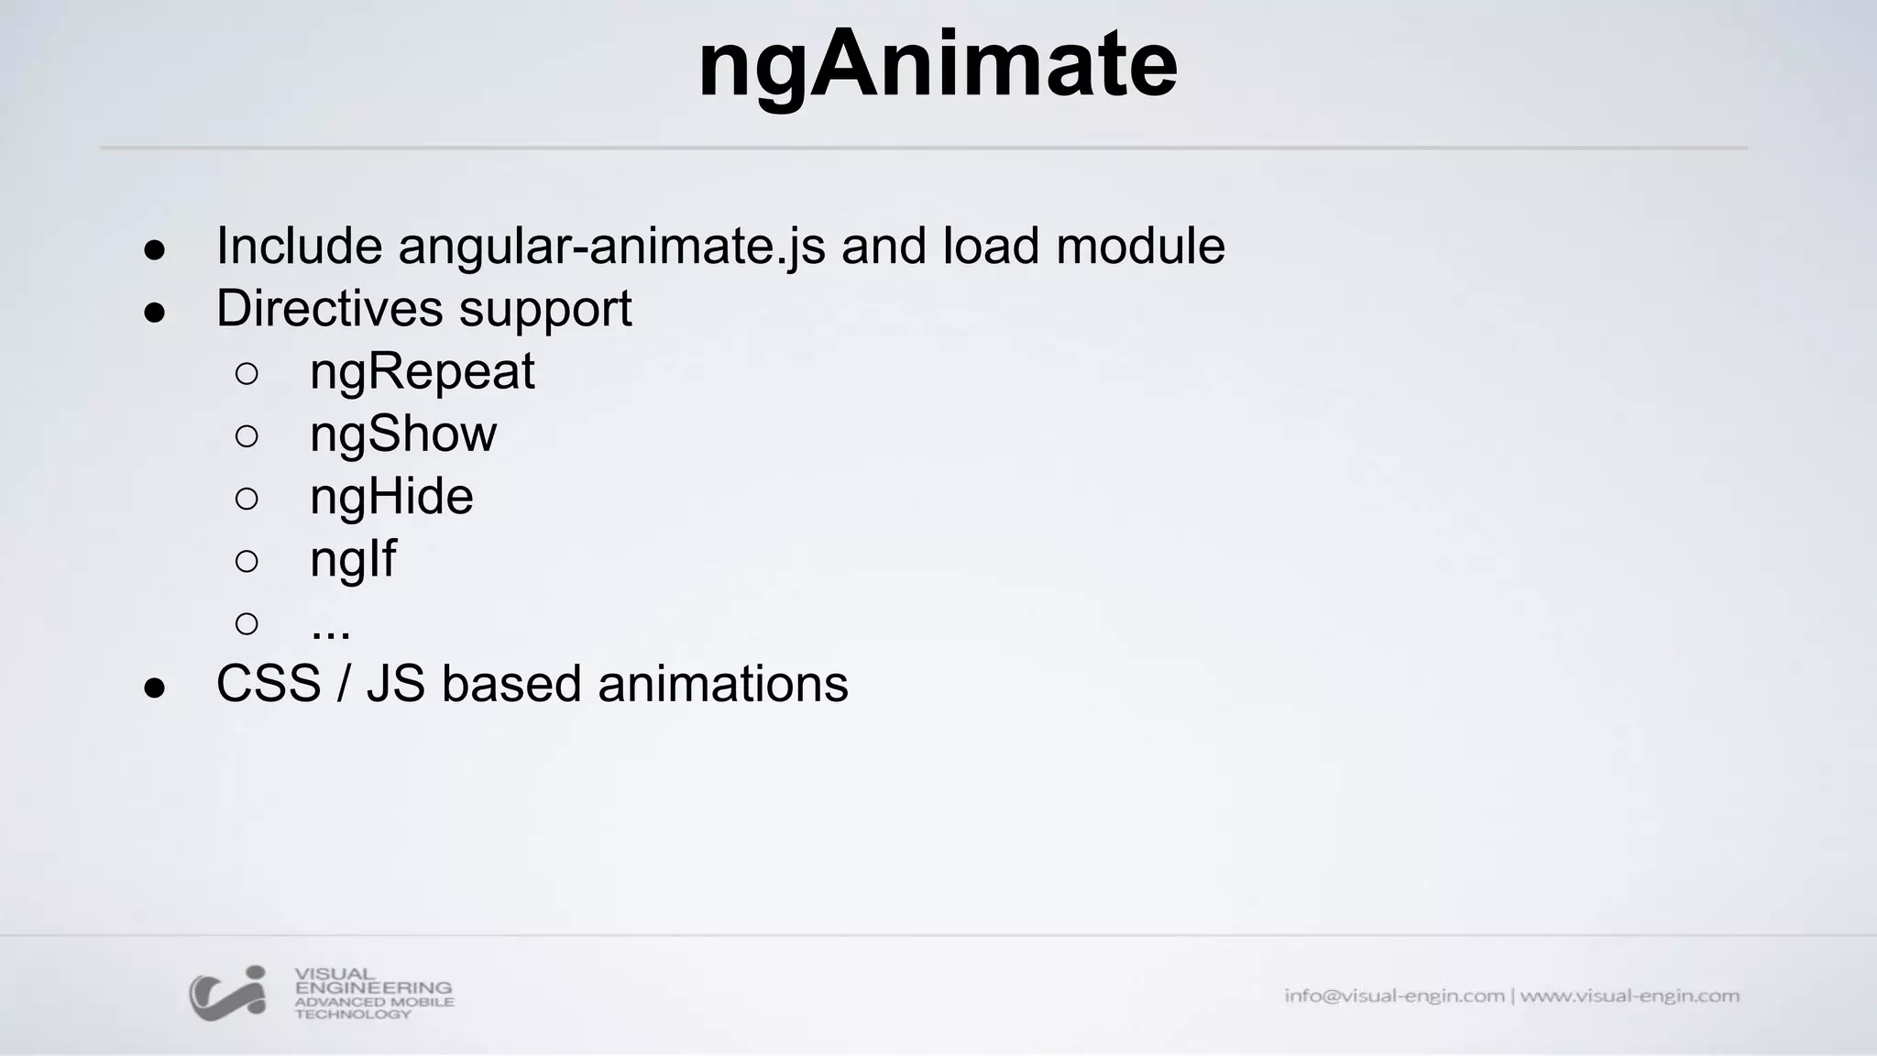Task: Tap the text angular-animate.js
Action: click(x=611, y=247)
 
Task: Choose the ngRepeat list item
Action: click(x=422, y=372)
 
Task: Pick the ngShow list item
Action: click(x=403, y=434)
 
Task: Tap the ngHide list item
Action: click(x=391, y=496)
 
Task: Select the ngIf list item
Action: click(x=353, y=559)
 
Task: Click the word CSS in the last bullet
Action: click(x=269, y=684)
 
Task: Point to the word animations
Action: click(x=723, y=684)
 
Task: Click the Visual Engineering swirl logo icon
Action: click(x=228, y=993)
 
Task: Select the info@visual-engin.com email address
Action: click(x=1394, y=995)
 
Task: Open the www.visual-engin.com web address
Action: click(x=1630, y=995)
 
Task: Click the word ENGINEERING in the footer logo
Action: click(x=373, y=988)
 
